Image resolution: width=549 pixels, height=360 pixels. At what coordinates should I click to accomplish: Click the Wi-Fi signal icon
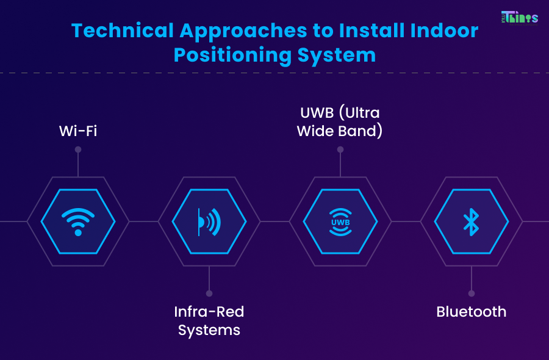[x=78, y=221]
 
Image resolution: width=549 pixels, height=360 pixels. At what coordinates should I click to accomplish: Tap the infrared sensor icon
[x=209, y=221]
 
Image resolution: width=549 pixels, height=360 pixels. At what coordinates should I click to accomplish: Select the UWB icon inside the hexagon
[x=340, y=221]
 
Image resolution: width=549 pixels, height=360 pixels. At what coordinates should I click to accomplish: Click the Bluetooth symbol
[x=470, y=221]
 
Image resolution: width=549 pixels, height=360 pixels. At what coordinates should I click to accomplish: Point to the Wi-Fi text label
[x=78, y=131]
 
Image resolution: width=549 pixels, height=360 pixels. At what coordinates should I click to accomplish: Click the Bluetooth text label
[x=471, y=312]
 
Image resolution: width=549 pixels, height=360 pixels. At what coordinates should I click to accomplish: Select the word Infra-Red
[x=209, y=312]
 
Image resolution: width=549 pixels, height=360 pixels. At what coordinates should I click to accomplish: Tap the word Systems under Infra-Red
[x=209, y=331]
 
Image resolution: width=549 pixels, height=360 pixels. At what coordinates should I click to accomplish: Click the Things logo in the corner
[x=519, y=17]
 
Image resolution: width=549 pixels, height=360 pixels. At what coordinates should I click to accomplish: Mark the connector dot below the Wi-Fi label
[x=78, y=149]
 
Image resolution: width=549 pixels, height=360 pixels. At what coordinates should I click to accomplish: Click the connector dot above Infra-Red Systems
[x=209, y=293]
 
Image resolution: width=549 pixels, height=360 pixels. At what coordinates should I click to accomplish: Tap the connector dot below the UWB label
[x=340, y=149]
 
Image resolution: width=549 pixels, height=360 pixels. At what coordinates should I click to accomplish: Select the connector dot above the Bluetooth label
[x=470, y=293]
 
